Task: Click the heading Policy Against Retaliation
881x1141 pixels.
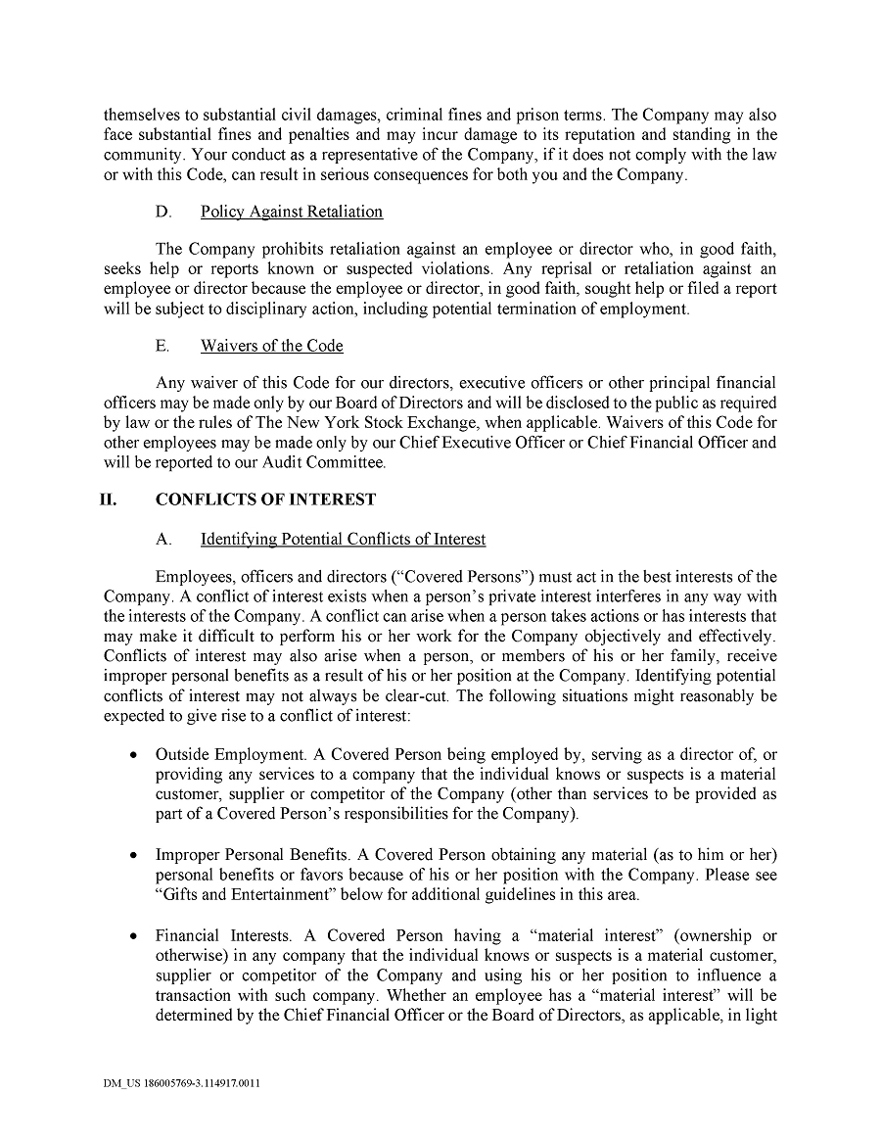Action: pyautogui.click(x=291, y=212)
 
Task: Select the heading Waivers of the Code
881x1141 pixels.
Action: pyautogui.click(x=271, y=346)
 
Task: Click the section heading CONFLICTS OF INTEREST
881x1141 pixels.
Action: pyautogui.click(x=265, y=499)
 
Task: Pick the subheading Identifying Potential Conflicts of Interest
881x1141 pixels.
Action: pyautogui.click(x=343, y=539)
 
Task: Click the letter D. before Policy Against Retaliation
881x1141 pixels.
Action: pyautogui.click(x=163, y=212)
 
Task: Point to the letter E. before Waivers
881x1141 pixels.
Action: pyautogui.click(x=162, y=346)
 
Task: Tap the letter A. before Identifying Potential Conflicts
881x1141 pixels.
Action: pyautogui.click(x=163, y=539)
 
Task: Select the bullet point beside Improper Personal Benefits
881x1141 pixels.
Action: pyautogui.click(x=132, y=855)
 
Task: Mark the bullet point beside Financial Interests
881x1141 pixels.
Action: pyautogui.click(x=132, y=936)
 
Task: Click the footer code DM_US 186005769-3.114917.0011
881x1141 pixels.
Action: pyautogui.click(x=181, y=1084)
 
